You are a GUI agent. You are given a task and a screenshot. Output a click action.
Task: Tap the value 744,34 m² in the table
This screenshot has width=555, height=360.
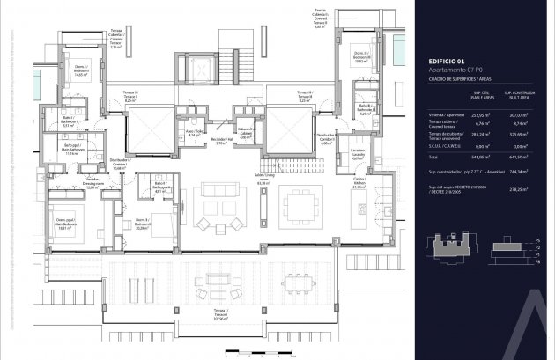click(517, 172)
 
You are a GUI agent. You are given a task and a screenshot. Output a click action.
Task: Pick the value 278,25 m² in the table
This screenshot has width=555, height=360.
click(517, 189)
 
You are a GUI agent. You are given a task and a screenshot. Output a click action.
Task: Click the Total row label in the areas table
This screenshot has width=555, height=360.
click(420, 156)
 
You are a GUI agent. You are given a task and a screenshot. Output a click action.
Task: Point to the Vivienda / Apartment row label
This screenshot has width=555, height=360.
click(433, 114)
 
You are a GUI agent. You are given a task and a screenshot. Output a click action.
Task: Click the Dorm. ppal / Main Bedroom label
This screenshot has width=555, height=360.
click(64, 223)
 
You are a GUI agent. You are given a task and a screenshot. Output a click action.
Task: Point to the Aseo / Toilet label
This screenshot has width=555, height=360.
click(189, 136)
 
